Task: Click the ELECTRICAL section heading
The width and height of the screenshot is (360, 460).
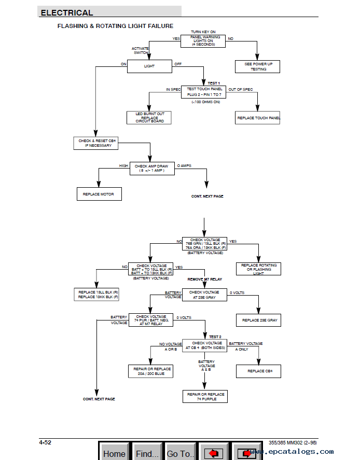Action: click(x=67, y=12)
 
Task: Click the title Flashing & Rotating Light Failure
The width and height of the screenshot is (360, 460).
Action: click(x=115, y=26)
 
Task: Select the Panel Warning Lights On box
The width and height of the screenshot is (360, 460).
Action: click(x=205, y=41)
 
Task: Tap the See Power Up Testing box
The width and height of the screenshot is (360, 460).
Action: click(x=258, y=66)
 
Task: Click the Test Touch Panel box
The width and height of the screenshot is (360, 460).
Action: click(x=204, y=92)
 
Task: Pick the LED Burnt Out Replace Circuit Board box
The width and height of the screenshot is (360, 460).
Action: click(x=149, y=117)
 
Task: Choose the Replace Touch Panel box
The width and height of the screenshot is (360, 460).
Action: click(x=258, y=118)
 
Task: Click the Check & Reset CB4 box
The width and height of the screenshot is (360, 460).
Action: click(x=95, y=143)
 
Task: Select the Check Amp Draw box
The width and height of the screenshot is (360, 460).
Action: click(x=150, y=169)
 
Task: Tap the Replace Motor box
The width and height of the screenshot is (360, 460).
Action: click(x=99, y=194)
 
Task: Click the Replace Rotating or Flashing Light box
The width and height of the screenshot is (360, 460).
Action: click(x=259, y=269)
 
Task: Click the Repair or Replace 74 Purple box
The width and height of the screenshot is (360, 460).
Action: click(x=205, y=396)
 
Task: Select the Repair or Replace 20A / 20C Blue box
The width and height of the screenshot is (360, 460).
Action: click(x=150, y=371)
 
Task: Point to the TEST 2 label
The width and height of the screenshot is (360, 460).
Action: click(x=215, y=337)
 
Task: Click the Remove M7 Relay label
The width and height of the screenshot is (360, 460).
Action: click(x=205, y=279)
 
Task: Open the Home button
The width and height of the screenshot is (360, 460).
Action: click(x=114, y=453)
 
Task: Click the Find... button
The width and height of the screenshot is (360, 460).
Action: click(x=147, y=453)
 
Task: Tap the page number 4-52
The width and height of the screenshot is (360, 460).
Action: click(x=45, y=442)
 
